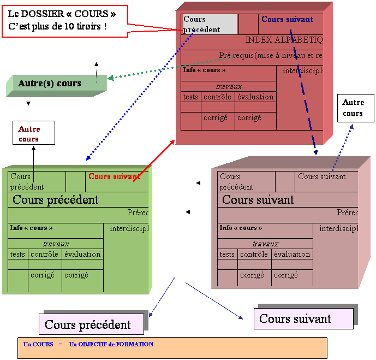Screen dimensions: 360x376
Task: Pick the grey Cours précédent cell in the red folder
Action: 210,25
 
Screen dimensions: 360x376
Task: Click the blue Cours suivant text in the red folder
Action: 287,20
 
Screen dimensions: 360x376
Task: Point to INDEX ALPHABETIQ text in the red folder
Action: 284,40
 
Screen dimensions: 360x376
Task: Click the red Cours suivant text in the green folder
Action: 114,176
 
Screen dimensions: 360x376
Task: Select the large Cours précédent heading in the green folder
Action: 56,199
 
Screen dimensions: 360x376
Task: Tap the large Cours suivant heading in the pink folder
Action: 258,199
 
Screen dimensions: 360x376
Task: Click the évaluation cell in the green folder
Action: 82,254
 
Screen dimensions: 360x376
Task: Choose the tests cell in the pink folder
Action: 228,254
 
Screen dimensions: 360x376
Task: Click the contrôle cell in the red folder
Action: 217,97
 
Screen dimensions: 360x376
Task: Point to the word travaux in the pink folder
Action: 265,244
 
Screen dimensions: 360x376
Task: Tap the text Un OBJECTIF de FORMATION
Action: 111,345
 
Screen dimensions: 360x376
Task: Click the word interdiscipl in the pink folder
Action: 339,228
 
